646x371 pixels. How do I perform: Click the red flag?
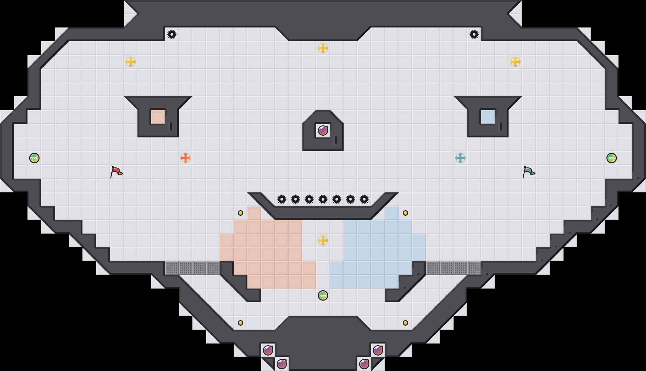116,171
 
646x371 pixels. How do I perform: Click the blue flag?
528,171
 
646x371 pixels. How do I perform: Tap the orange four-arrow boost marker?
186,158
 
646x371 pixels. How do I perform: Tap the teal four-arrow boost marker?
460,158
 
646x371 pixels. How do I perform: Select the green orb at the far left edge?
34,158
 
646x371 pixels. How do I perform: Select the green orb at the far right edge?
612,158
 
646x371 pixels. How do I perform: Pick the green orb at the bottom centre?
323,295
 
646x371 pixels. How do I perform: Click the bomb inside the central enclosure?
323,131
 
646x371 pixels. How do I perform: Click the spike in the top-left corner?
172,34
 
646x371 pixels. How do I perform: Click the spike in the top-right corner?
474,34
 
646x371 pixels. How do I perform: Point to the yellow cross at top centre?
323,48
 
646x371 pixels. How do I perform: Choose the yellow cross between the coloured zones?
323,240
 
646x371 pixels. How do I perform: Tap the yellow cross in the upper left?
131,62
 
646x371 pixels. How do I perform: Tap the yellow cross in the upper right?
515,62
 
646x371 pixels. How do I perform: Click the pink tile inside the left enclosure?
158,117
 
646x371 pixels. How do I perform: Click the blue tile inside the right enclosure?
488,117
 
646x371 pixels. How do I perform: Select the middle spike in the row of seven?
323,199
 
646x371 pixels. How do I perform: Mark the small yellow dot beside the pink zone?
241,213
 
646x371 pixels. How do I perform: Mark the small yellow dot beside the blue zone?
405,213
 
